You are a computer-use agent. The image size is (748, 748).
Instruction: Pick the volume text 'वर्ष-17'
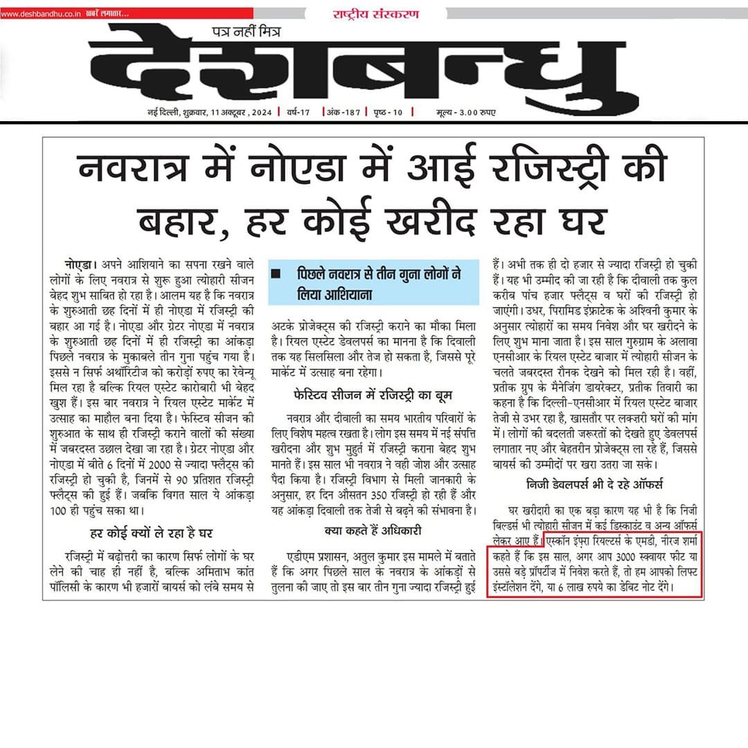pyautogui.click(x=297, y=112)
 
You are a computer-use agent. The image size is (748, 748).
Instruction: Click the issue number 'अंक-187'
pyautogui.click(x=342, y=112)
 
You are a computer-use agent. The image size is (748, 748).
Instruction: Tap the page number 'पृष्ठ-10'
pyautogui.click(x=391, y=112)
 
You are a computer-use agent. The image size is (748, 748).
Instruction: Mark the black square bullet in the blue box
pyautogui.click(x=276, y=274)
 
